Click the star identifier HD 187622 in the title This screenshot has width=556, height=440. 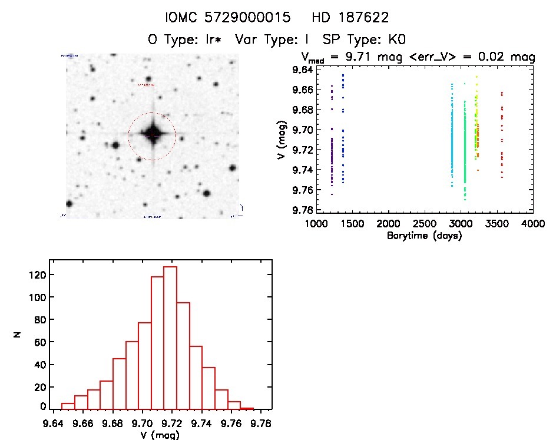click(352, 18)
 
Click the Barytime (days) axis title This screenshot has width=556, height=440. click(424, 236)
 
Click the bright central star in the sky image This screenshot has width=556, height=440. click(152, 134)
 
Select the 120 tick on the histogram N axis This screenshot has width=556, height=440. click(37, 274)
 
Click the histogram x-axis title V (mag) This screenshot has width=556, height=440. click(160, 435)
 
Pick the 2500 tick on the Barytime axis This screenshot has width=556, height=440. click(424, 224)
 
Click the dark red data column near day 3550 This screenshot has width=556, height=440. click(502, 135)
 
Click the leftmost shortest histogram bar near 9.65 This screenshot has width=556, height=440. click(68, 406)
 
